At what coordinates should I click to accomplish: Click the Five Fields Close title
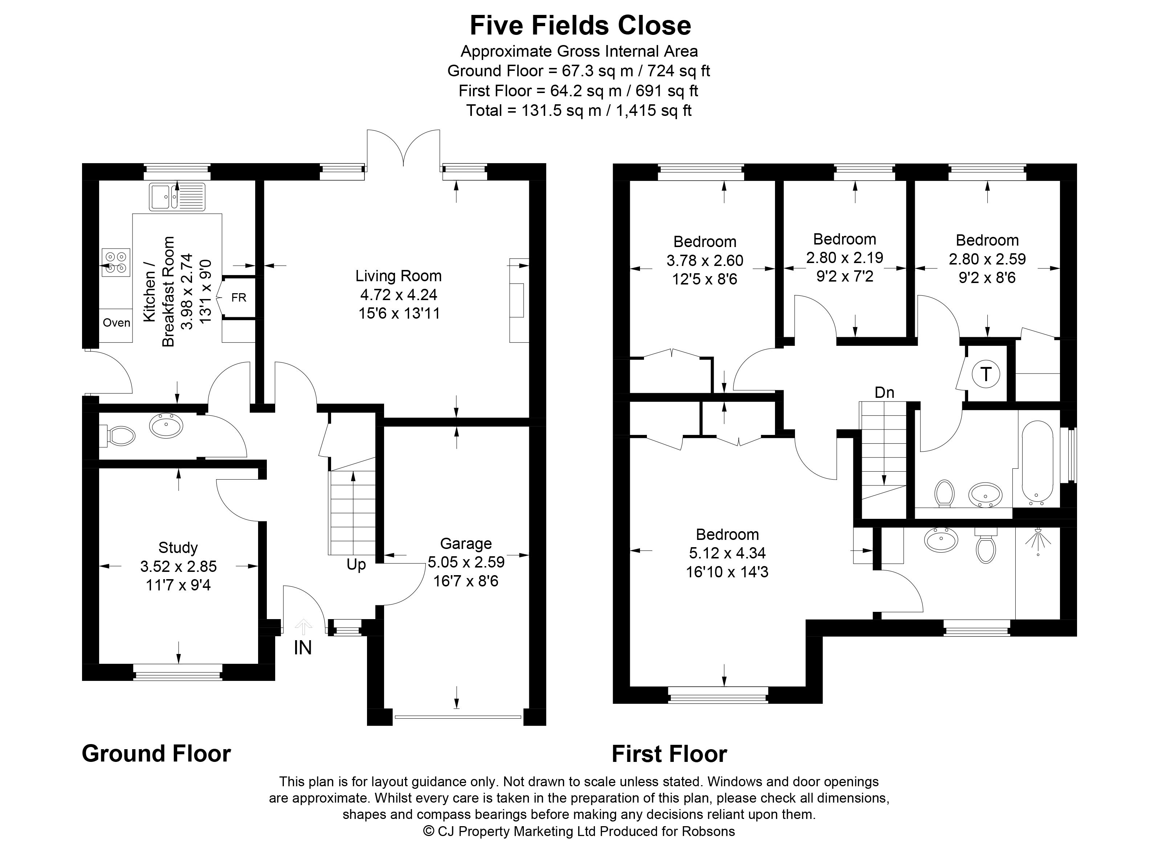click(x=580, y=25)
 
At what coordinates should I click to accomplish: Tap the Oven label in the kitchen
click(x=117, y=322)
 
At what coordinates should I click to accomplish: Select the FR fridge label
click(x=239, y=297)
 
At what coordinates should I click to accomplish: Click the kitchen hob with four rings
click(x=116, y=262)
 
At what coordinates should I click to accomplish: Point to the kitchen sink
click(x=177, y=197)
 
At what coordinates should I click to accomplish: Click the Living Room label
click(x=398, y=276)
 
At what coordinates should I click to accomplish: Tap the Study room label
click(x=178, y=548)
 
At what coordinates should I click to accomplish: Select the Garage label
click(x=466, y=544)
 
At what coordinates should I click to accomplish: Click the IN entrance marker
click(x=303, y=648)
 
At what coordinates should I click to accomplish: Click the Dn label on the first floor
click(x=884, y=392)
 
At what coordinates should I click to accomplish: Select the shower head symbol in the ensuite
click(x=1039, y=542)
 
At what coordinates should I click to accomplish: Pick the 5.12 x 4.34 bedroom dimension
click(x=727, y=553)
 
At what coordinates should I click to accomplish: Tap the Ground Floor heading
click(x=156, y=754)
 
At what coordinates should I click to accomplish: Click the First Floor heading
click(x=669, y=754)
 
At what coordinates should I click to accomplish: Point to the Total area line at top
click(x=579, y=110)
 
